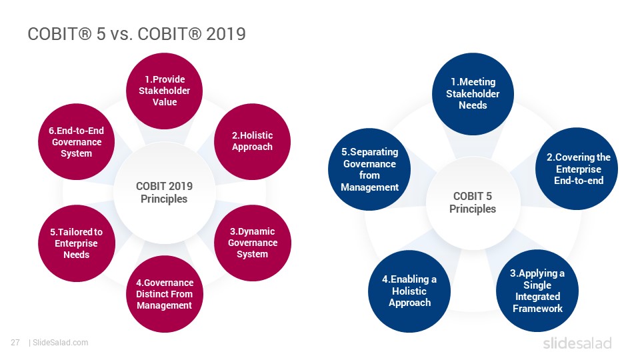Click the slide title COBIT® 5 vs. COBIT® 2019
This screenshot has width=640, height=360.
pos(136,34)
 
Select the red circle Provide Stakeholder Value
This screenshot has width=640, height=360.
pos(165,91)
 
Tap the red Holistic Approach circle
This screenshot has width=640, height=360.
pos(252,141)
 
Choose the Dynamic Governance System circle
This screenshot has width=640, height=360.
pos(252,243)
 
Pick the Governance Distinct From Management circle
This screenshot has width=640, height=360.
pos(165,294)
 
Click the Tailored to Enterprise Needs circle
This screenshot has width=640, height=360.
pos(76,243)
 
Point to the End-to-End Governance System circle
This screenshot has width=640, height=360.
pos(76,141)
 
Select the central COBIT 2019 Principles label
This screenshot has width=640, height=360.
pos(164,193)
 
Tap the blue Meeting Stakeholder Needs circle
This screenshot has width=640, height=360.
pos(473,94)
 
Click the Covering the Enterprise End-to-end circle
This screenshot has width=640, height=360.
pos(576,169)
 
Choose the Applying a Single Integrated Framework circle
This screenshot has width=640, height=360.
pos(537,291)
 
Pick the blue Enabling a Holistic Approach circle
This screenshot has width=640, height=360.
pos(409,291)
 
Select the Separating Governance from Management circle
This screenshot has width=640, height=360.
pos(369,169)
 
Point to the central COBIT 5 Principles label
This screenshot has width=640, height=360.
pos(473,203)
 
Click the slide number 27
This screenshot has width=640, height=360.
pos(15,343)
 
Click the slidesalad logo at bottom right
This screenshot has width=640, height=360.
pos(577,343)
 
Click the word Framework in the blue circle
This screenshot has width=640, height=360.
pos(537,309)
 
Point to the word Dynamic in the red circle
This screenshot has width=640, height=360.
pos(256,231)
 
